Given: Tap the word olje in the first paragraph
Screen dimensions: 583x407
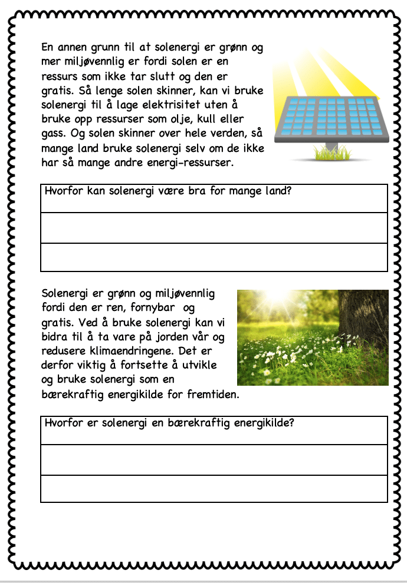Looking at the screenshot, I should [188, 118].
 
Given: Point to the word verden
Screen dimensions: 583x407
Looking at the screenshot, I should [227, 133].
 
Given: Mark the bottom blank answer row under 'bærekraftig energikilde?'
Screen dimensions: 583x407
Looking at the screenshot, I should [214, 489].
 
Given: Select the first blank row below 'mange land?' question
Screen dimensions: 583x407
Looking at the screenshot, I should [214, 228].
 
